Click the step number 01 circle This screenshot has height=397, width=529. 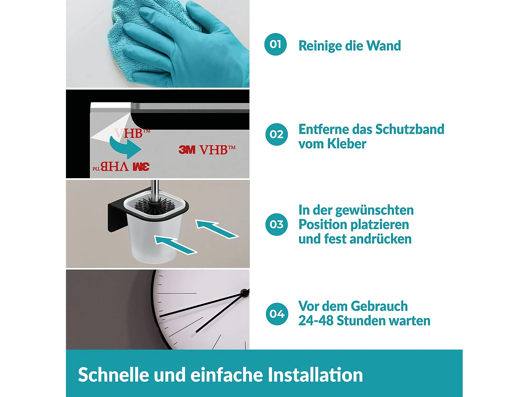pos(275,44)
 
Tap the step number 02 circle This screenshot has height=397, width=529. pos(276,134)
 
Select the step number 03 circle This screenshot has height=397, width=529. pos(276,224)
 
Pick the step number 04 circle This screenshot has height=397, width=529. pos(277,314)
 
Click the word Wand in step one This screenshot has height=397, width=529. pos(383,46)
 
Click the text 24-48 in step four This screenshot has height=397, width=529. pos(316,321)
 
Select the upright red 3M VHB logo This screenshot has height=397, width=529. pos(207,150)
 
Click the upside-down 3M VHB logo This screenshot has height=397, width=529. pos(121,166)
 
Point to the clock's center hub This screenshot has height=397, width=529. pos(244,292)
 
